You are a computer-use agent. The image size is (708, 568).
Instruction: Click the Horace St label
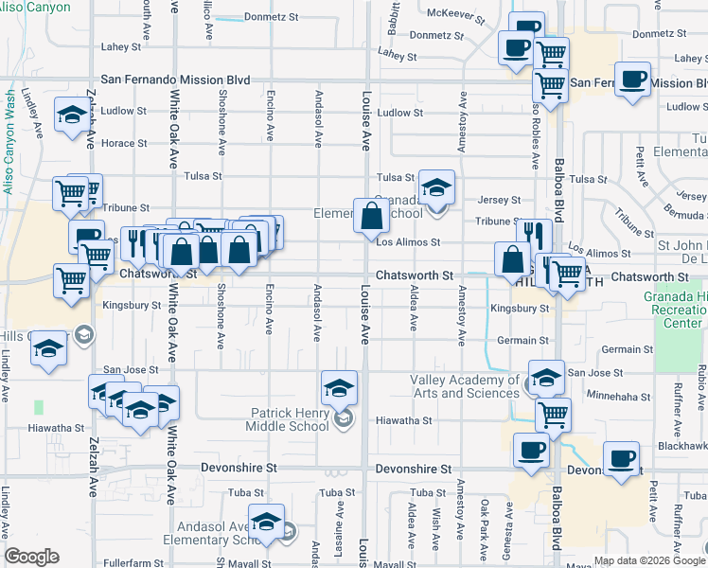tap(125, 144)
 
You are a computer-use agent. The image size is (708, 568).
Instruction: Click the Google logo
tap(31, 557)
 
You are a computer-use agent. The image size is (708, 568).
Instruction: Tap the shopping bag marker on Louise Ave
tap(369, 217)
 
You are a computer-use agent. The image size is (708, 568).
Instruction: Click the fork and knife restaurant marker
tap(534, 236)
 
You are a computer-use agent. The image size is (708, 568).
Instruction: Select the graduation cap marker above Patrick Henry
tap(339, 387)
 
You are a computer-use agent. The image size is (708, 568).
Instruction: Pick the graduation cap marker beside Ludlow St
tap(71, 115)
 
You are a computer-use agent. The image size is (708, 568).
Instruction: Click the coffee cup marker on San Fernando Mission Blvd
tap(632, 80)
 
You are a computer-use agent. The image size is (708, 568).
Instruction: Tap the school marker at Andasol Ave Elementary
tap(267, 523)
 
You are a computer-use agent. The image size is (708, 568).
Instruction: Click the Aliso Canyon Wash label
tap(9, 142)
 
